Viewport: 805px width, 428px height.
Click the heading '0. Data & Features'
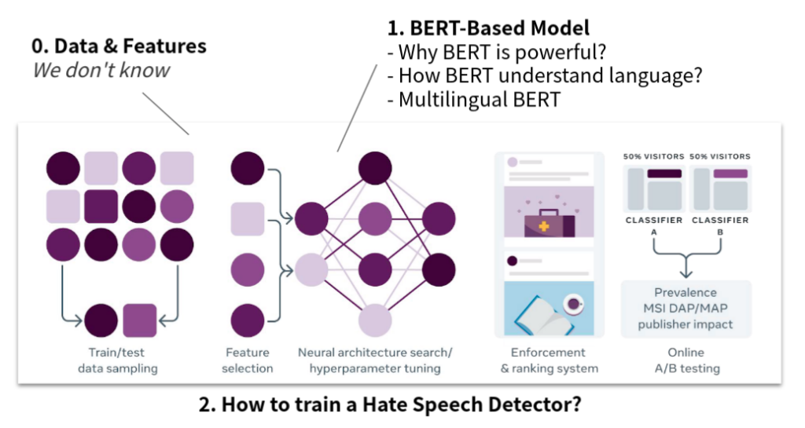tap(119, 46)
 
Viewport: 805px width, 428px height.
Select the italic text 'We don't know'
tap(101, 70)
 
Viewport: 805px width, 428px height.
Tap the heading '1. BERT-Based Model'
tap(487, 29)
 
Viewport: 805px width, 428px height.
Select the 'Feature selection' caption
tap(247, 360)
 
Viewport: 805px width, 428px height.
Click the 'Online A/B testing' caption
tap(686, 360)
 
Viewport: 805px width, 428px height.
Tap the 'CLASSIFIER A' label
tap(654, 225)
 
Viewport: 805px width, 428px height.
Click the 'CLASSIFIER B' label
tap(719, 225)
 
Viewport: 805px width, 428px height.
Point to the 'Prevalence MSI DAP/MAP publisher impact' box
tap(686, 309)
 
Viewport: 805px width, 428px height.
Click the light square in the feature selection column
tap(247, 218)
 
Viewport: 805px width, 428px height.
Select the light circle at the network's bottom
tap(375, 322)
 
